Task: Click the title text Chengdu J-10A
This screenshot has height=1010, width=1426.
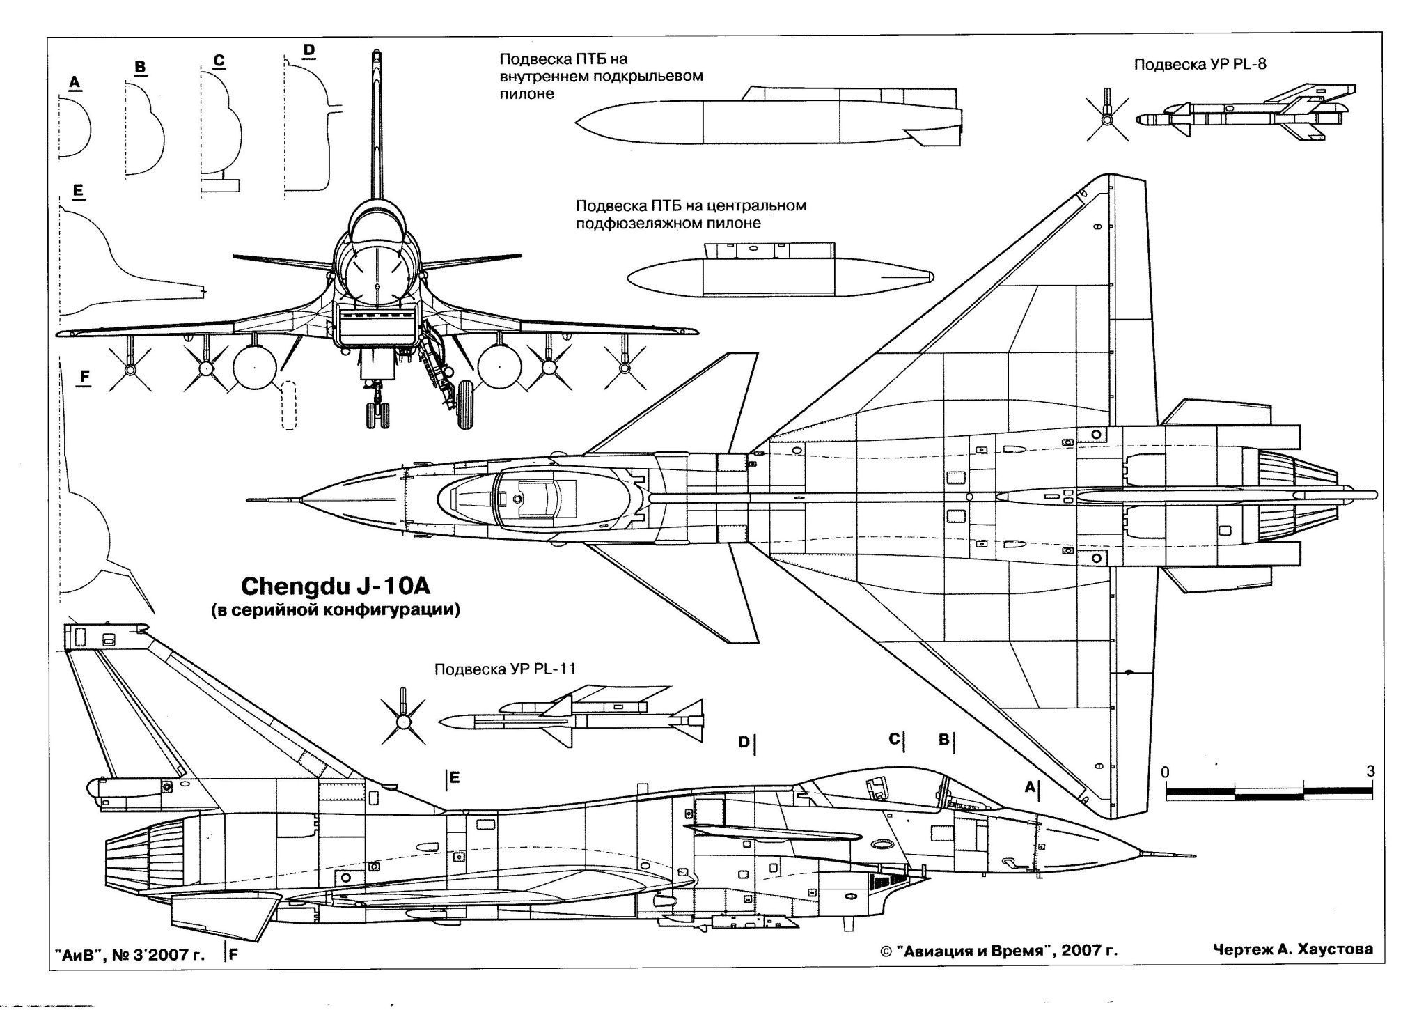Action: (x=336, y=586)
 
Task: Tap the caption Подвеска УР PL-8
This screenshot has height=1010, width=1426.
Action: (x=1200, y=64)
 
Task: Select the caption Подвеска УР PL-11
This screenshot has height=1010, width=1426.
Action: (x=505, y=669)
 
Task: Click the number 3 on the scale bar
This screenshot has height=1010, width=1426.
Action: (x=1370, y=771)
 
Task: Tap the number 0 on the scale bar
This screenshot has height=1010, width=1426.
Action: (x=1166, y=772)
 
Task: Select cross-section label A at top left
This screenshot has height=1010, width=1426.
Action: (x=75, y=83)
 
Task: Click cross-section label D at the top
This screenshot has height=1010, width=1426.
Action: (x=309, y=49)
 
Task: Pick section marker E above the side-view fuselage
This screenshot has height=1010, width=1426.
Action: (x=454, y=777)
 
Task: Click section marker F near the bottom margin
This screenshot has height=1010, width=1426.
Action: (x=233, y=956)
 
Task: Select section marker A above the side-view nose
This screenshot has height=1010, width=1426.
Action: (x=1030, y=787)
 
